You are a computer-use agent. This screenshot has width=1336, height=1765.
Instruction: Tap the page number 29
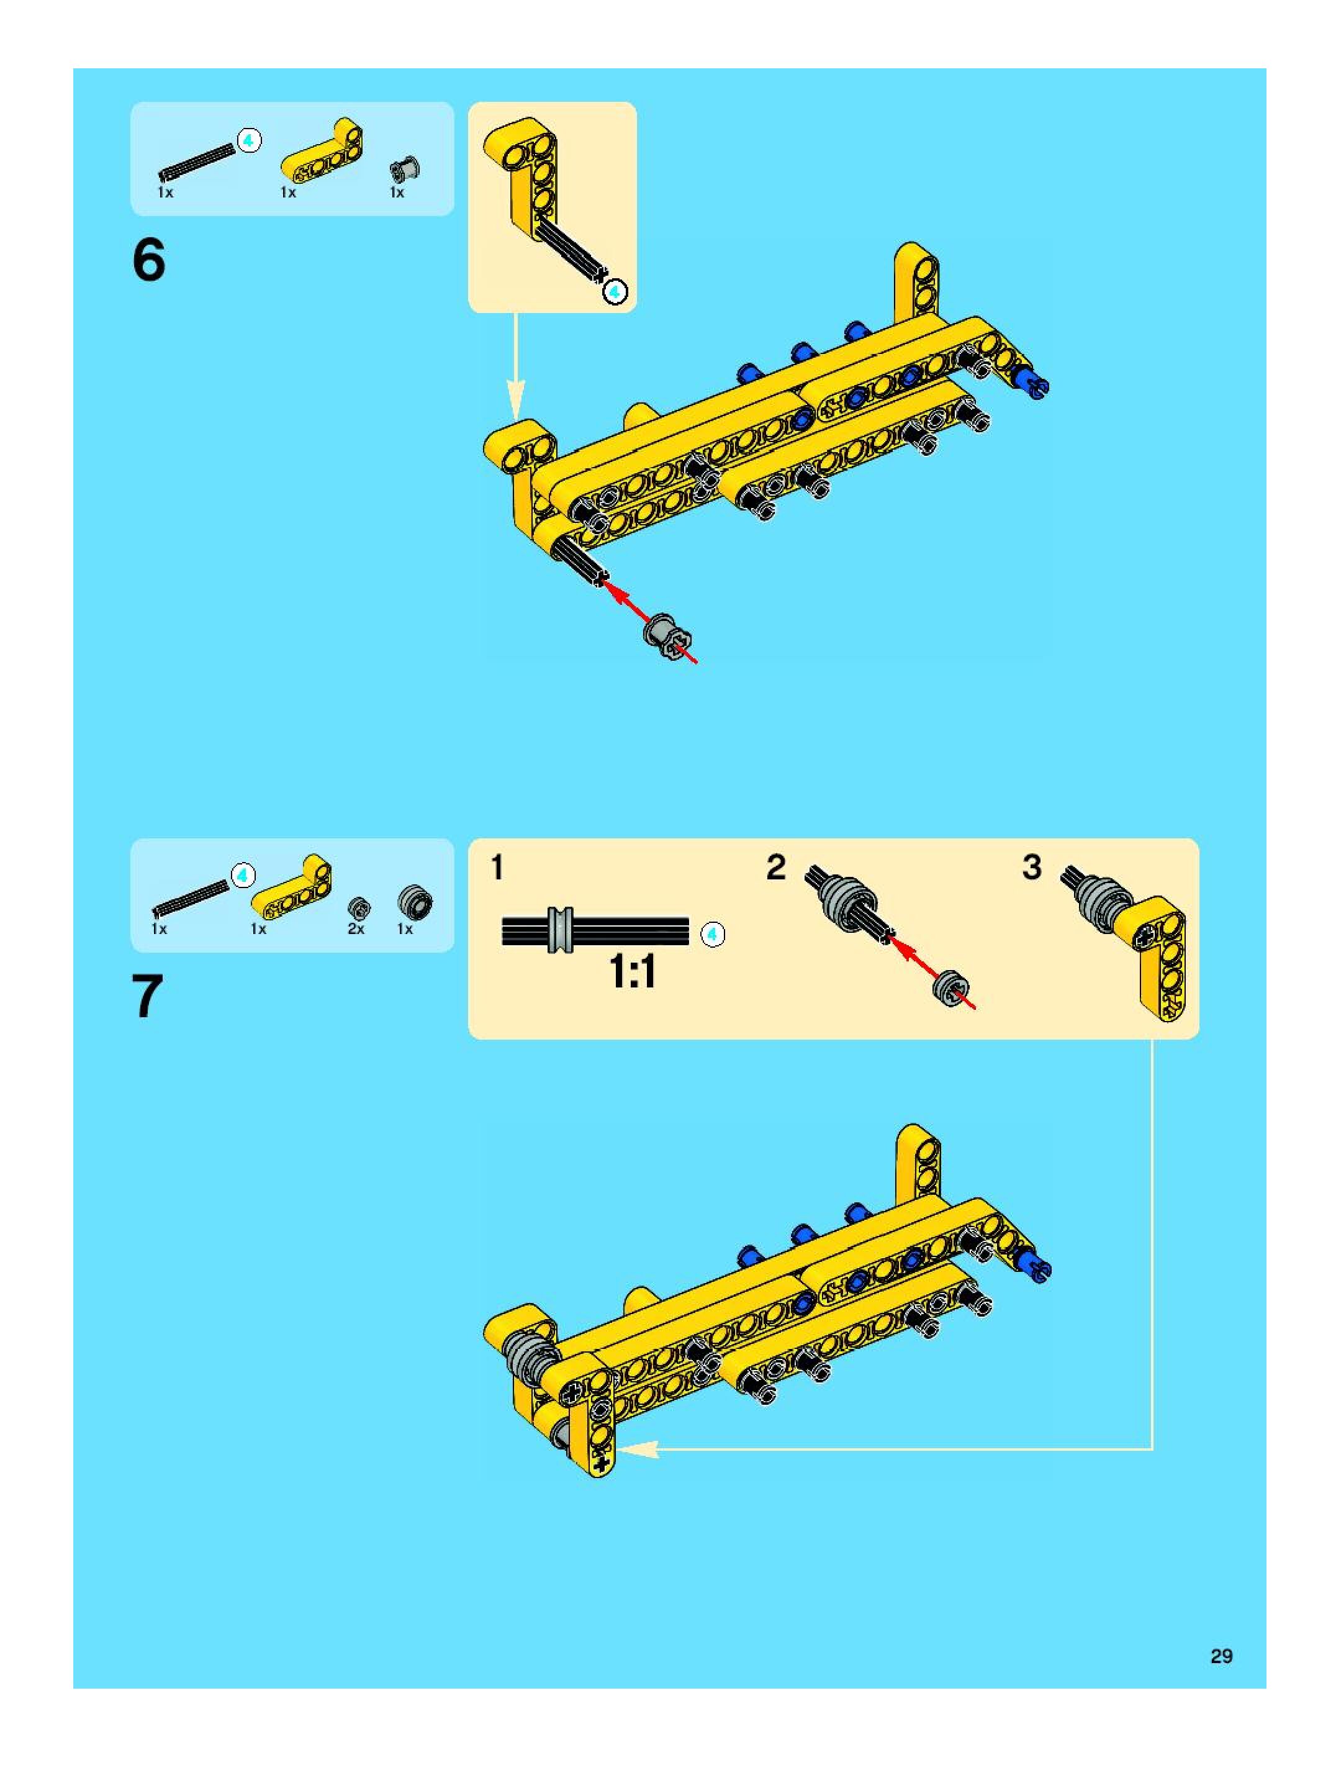1221,1656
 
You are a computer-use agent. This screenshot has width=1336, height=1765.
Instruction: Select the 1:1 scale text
633,971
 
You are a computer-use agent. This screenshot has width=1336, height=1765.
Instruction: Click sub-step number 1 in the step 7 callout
497,868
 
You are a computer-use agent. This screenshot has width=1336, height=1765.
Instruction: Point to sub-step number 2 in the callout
775,868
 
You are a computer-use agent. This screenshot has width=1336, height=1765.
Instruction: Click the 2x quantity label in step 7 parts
356,929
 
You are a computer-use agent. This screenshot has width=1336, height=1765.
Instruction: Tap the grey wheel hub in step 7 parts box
415,902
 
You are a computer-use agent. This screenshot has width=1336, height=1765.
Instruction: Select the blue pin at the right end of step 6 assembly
1034,383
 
